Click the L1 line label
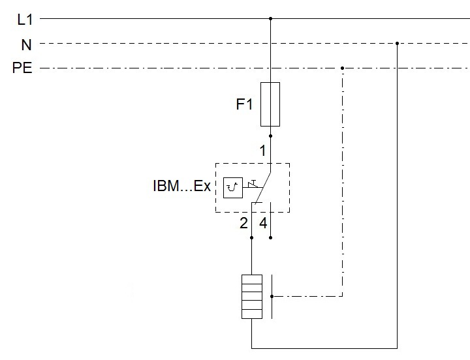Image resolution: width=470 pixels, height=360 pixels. coord(24,20)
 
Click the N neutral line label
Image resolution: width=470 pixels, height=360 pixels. coord(25,44)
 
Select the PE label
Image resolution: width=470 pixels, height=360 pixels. coord(22,68)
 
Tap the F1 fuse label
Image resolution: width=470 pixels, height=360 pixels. coord(244,104)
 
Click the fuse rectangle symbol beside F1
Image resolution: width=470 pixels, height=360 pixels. coord(270,104)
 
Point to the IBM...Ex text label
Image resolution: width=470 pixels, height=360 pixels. coord(181,187)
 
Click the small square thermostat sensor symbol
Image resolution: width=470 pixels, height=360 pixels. coord(232,187)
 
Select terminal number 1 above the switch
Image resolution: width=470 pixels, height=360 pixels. coord(262,151)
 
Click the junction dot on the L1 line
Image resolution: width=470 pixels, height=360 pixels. coord(270,19)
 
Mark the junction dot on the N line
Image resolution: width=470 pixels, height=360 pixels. coord(397,44)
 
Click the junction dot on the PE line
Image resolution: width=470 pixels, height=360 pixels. coord(343,68)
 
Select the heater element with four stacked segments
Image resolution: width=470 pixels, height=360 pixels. coord(251,296)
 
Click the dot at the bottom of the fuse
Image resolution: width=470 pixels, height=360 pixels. coord(270,136)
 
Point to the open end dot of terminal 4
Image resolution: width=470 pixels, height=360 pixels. coord(270,238)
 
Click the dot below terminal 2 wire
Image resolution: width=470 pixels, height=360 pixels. coord(251,238)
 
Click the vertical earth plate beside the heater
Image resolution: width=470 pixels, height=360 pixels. coord(272,296)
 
